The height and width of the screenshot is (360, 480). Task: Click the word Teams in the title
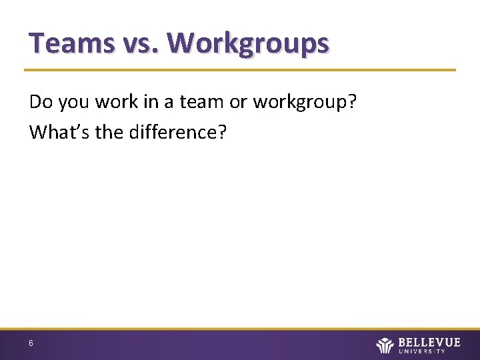[x=70, y=43]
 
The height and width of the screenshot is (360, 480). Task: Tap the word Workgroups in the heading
[x=248, y=43]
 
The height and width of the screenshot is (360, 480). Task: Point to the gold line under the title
[x=240, y=69]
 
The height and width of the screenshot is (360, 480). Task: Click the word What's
[x=60, y=132]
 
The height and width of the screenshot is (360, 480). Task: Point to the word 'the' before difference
[x=111, y=132]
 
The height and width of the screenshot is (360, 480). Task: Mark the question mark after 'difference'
[x=221, y=132]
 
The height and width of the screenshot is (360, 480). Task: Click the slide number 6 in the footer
[x=31, y=343]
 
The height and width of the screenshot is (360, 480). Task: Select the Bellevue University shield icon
[x=385, y=345]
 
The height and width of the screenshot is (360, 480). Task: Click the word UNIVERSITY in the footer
[x=429, y=351]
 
